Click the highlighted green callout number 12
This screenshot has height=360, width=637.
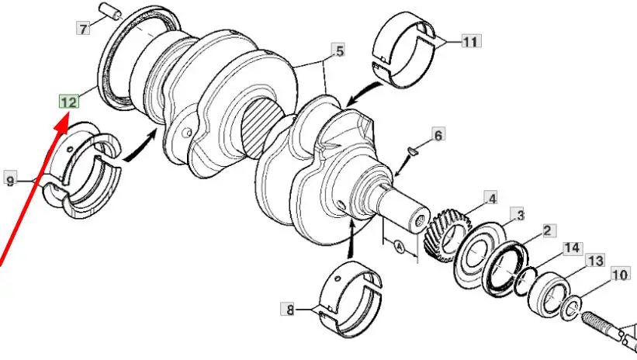coord(69,102)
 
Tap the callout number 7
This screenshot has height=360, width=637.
coord(83,29)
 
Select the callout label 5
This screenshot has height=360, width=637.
coord(338,50)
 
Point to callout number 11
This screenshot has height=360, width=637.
coord(471,41)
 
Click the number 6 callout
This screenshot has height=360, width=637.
coord(438,135)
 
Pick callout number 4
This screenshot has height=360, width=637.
coord(491,199)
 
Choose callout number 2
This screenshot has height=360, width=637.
coord(547,230)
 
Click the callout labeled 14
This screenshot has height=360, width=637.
coord(573,247)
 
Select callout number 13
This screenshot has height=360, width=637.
coord(595,261)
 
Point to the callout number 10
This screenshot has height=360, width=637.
coord(621,275)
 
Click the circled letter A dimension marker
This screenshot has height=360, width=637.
coord(400,247)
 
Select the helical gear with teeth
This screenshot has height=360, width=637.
coord(447,234)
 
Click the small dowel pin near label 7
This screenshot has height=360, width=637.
coord(110,11)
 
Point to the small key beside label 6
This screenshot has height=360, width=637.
coord(412,151)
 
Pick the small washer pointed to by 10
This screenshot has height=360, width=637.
coord(570,308)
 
